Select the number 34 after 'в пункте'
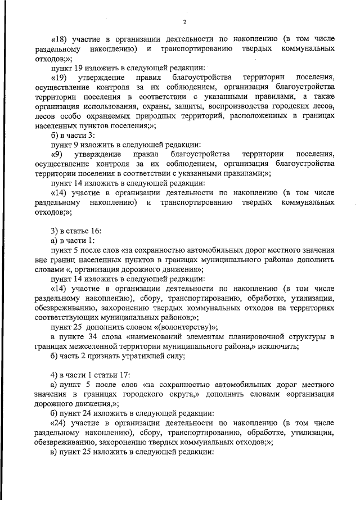pyautogui.click(x=91, y=336)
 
